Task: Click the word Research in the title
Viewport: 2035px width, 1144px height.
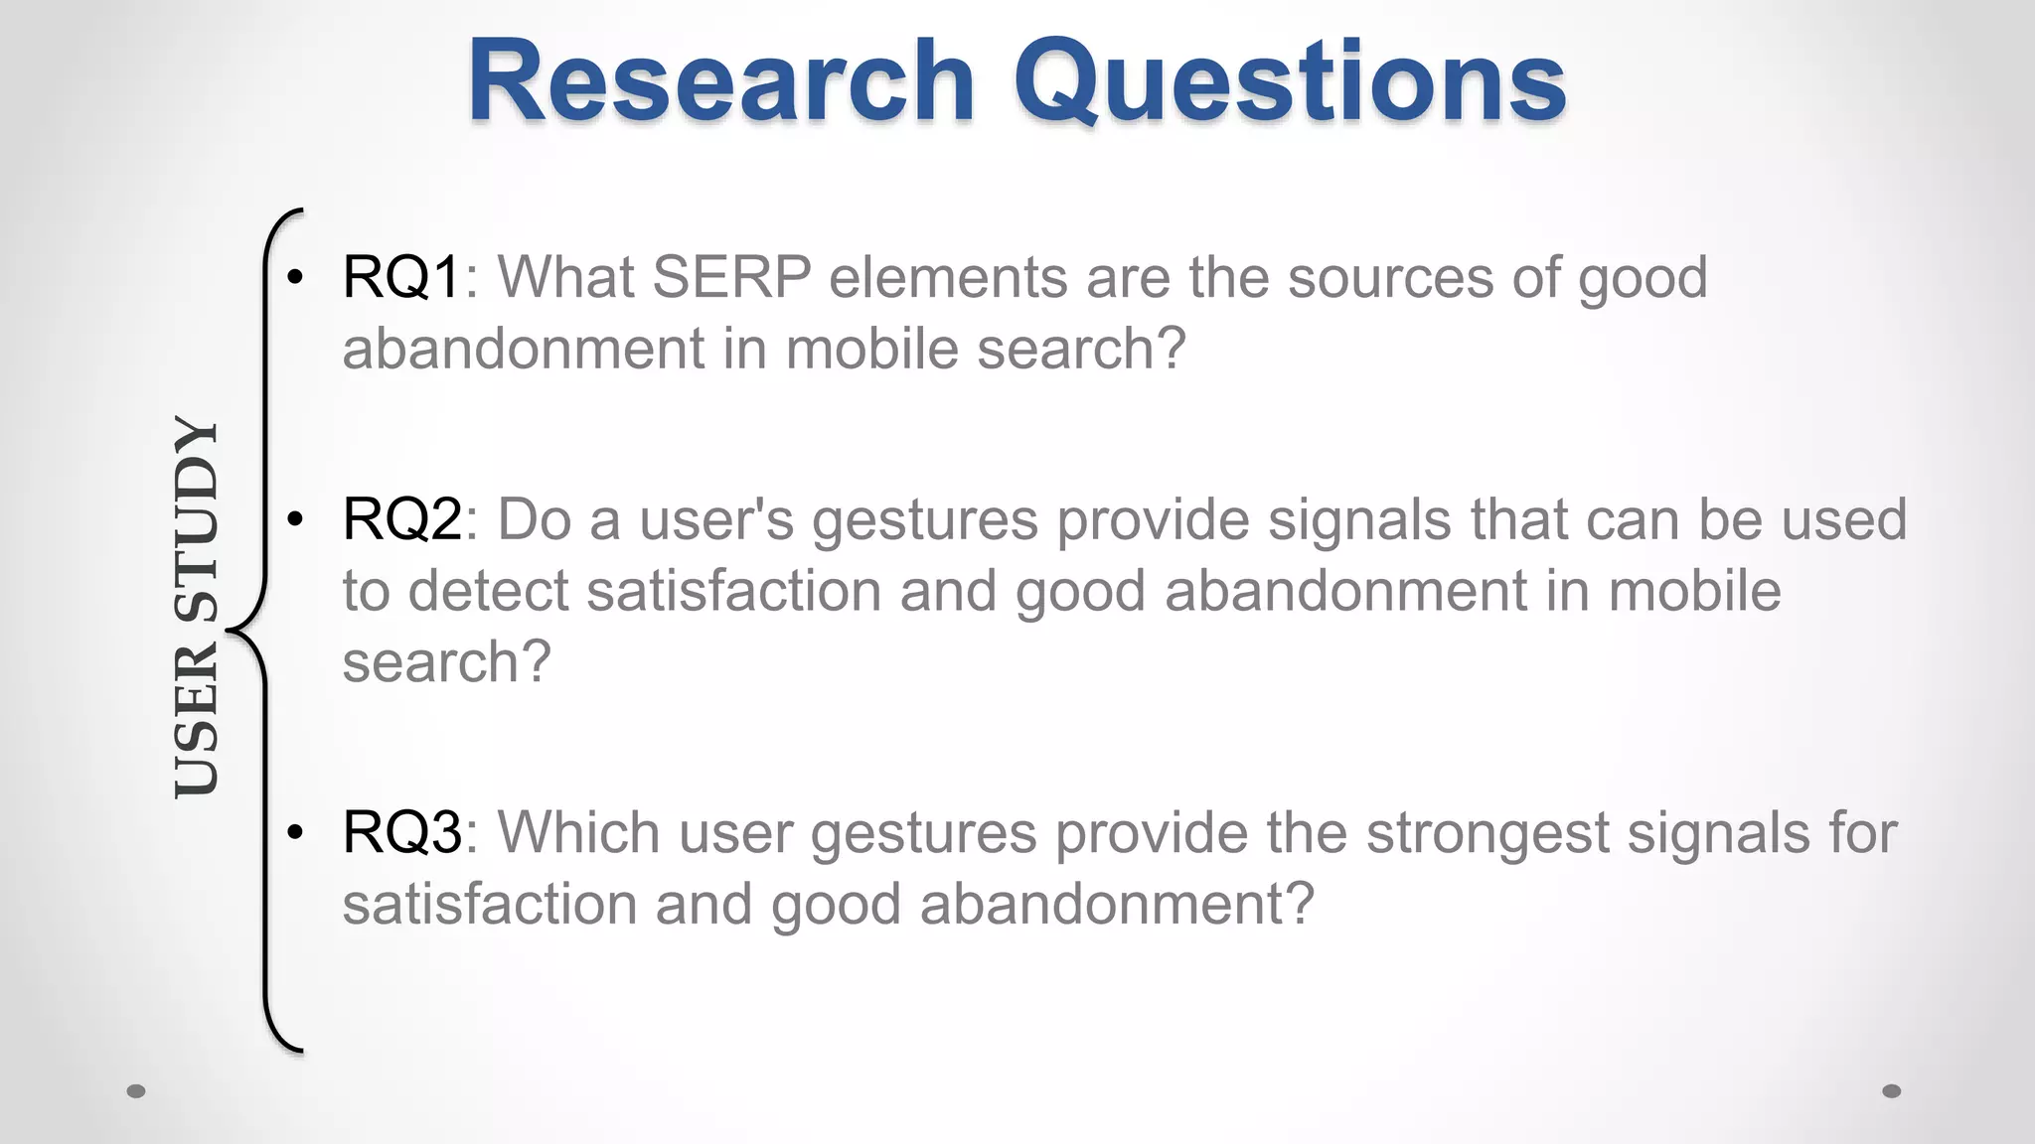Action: point(720,81)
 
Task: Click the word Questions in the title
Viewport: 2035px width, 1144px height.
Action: point(1289,81)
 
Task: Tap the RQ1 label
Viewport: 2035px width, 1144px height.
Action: point(401,277)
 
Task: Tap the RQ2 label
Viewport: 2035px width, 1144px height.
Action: point(401,519)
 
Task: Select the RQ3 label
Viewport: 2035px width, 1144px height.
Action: point(401,832)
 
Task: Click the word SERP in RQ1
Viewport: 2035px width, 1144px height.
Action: point(732,277)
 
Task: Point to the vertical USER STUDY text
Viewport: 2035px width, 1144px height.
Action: point(196,606)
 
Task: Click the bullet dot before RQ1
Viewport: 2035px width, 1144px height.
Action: point(294,278)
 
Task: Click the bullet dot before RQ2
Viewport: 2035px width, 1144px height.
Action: point(294,520)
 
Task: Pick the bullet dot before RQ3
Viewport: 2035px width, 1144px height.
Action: point(294,833)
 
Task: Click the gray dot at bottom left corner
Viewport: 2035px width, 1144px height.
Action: point(137,1091)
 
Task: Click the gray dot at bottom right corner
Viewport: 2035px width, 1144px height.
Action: point(1892,1091)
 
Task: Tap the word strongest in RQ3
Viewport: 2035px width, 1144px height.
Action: point(1487,832)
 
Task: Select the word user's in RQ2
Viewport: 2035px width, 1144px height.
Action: point(716,519)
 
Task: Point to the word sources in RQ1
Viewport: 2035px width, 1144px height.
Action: point(1391,277)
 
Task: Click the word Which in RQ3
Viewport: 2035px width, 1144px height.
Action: point(578,832)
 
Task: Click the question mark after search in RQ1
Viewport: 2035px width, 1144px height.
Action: point(1171,349)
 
